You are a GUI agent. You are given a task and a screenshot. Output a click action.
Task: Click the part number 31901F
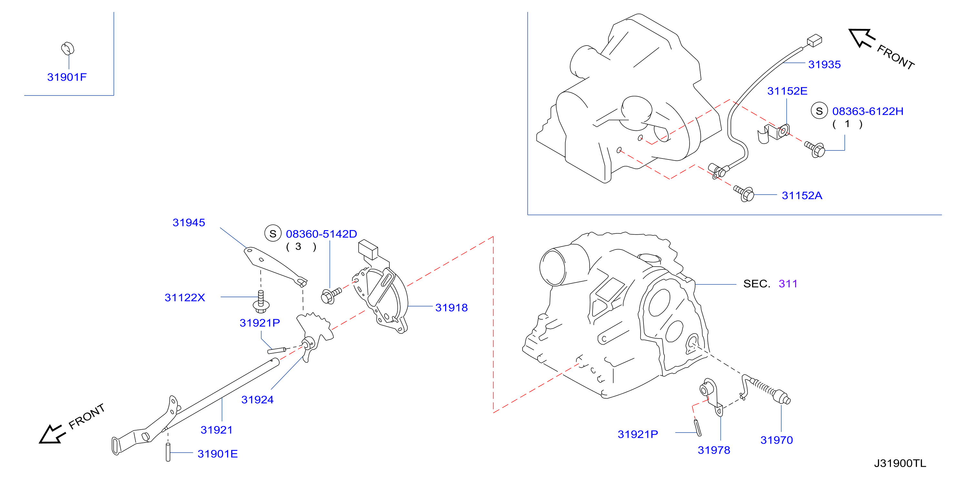[67, 77]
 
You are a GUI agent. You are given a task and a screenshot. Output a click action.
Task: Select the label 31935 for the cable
[824, 65]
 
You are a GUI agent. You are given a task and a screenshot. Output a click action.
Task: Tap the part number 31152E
[787, 91]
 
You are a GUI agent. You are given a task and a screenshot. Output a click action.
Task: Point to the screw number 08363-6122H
[868, 111]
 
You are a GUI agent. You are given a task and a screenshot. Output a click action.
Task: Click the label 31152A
[802, 196]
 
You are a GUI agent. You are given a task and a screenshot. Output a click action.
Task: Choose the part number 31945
[189, 223]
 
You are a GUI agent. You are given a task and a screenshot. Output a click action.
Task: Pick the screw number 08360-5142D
[321, 234]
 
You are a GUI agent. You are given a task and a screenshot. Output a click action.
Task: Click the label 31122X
[185, 298]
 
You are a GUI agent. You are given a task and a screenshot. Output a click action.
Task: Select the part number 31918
[451, 308]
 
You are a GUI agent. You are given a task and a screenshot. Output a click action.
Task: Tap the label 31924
[257, 400]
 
